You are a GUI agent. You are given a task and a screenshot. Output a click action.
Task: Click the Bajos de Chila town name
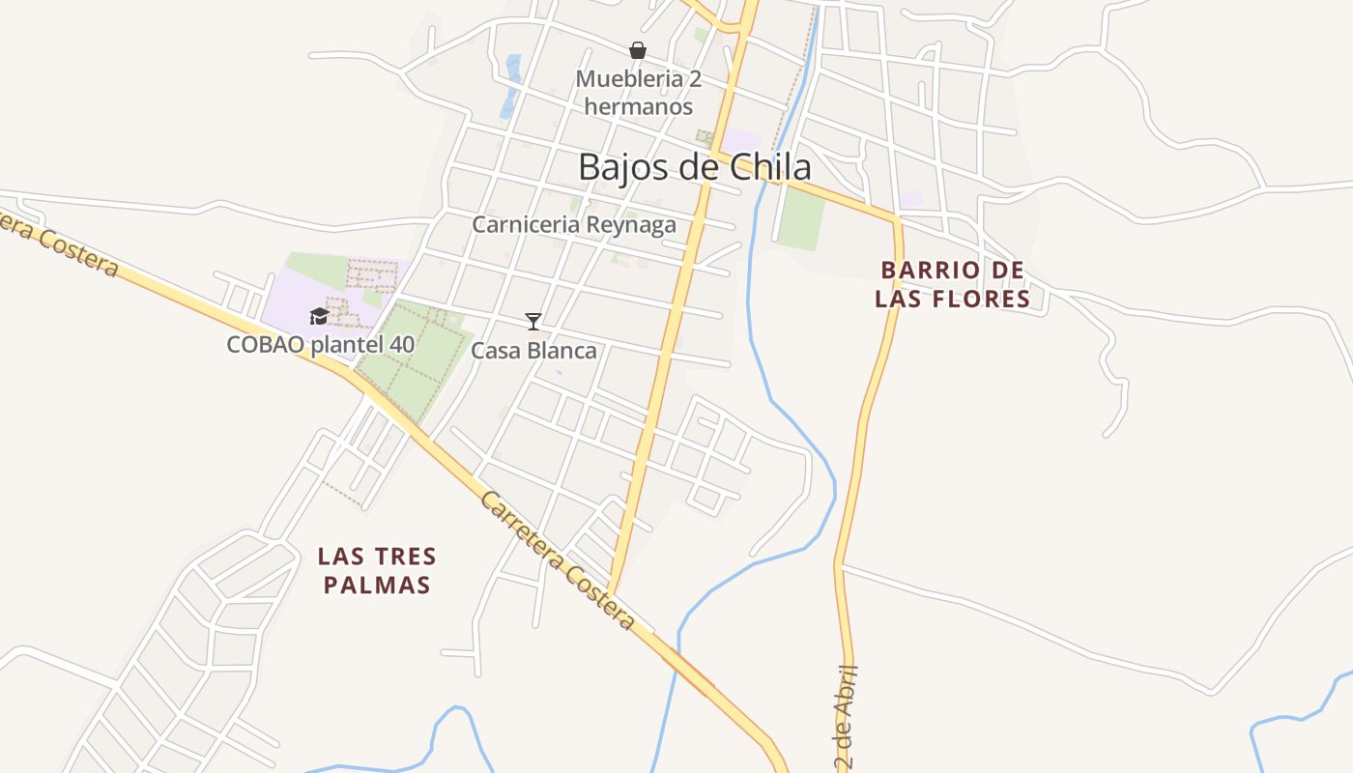coord(694,166)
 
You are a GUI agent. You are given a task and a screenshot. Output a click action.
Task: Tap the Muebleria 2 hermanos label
coord(638,93)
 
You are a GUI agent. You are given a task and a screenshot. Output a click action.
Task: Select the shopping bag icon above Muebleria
coord(638,50)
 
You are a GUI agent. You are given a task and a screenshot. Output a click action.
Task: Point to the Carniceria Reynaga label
coord(574,224)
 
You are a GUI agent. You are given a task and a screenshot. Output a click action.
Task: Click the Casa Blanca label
coord(533,352)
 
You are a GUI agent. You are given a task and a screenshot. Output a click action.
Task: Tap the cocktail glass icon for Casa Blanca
coord(533,321)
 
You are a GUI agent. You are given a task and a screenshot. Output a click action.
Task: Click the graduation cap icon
coord(319,316)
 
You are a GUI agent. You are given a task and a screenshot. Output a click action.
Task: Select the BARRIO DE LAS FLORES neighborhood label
coord(952,284)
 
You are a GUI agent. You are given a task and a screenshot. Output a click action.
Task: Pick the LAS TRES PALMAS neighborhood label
coord(377,570)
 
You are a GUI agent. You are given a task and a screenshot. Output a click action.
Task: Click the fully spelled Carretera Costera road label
coord(559,560)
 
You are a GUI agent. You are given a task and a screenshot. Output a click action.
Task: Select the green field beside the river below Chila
coord(801,218)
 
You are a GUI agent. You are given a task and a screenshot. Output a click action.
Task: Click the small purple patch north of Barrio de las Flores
coord(911,198)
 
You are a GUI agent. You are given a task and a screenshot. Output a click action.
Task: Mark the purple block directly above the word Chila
coord(742,141)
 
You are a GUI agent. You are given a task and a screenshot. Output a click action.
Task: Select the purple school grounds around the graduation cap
coord(290,290)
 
